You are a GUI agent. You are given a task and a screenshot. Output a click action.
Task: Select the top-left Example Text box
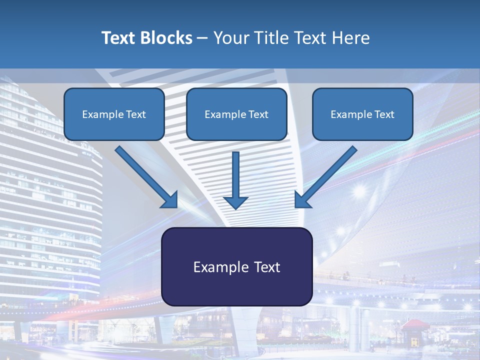pyautogui.click(x=114, y=114)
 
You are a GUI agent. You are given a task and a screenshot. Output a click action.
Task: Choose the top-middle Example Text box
pyautogui.click(x=236, y=114)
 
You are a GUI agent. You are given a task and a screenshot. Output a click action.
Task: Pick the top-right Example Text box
pyautogui.click(x=362, y=114)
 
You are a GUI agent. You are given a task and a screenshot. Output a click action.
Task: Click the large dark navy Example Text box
pyautogui.click(x=236, y=266)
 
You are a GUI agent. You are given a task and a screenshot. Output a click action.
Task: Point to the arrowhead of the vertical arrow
pyautogui.click(x=235, y=202)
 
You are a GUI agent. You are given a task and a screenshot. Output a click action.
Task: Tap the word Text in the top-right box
pyautogui.click(x=384, y=114)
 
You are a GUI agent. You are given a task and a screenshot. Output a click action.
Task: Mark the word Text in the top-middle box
pyautogui.click(x=258, y=114)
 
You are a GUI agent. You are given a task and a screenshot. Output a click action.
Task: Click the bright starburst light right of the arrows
pyautogui.click(x=359, y=190)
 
